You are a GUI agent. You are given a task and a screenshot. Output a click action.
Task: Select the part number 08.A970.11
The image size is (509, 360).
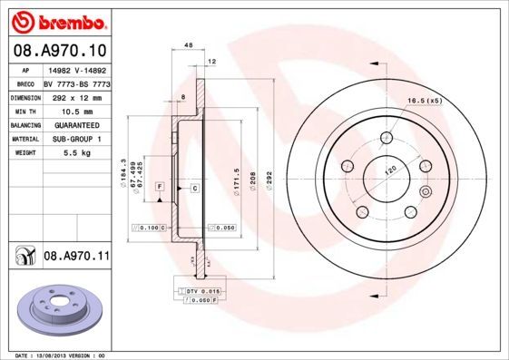(77, 258)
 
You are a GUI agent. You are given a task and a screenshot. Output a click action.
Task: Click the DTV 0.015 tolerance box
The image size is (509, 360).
(198, 290)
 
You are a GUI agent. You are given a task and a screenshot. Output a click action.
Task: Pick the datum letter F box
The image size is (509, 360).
(160, 186)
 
